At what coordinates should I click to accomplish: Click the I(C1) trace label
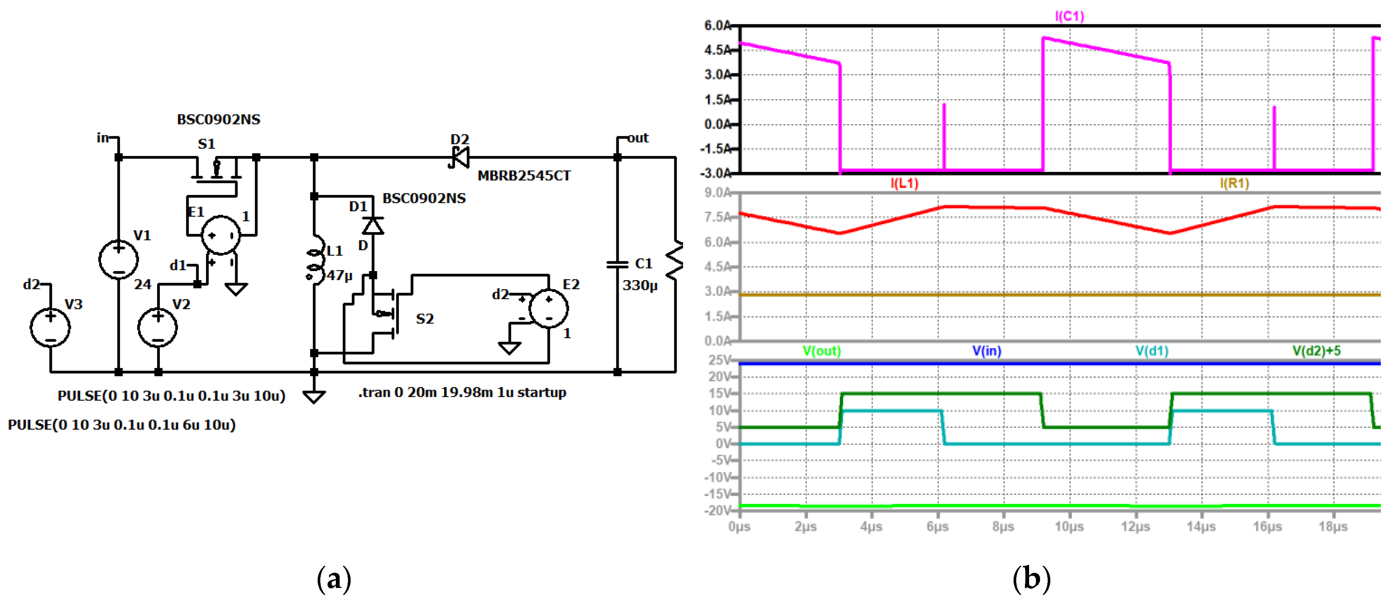tap(1069, 16)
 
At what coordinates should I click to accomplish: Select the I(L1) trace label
tap(904, 183)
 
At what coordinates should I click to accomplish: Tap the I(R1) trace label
tap(1234, 183)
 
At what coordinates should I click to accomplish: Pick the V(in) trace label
tap(986, 351)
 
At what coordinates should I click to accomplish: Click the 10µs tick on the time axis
tap(1069, 527)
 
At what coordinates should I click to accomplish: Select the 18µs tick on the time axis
tap(1333, 527)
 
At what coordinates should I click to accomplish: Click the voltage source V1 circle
tap(118, 259)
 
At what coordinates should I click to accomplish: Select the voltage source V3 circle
tap(50, 327)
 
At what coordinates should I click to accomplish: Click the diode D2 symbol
tap(460, 157)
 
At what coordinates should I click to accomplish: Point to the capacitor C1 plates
tap(617, 264)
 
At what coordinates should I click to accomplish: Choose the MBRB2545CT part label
tap(524, 176)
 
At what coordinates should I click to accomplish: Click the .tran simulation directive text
tap(462, 392)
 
